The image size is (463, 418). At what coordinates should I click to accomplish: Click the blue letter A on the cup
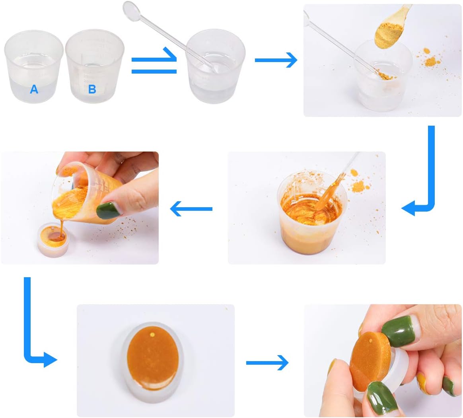(34, 89)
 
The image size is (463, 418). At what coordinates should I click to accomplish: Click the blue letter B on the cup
(92, 89)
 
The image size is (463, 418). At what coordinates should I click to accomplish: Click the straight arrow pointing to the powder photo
(276, 60)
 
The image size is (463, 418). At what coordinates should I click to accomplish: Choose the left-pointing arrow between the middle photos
(191, 209)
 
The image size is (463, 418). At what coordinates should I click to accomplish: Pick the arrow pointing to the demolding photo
(267, 362)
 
